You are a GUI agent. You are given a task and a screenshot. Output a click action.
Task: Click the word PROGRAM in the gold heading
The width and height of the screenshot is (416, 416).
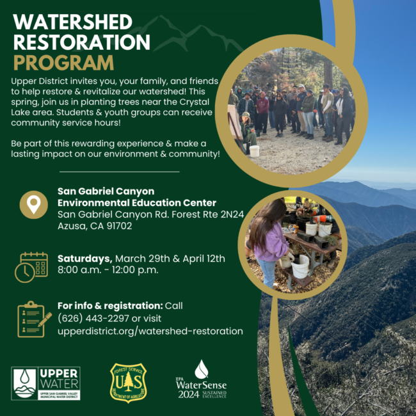tap(63, 62)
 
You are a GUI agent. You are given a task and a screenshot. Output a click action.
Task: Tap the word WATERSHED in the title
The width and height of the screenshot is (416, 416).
tap(72, 22)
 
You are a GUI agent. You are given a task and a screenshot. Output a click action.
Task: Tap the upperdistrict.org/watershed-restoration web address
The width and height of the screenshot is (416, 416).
tap(150, 331)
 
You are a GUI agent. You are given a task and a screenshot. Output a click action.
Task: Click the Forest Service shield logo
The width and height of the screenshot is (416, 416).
tap(128, 382)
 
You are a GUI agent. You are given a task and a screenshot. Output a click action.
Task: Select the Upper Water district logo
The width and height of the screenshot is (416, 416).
tap(45, 383)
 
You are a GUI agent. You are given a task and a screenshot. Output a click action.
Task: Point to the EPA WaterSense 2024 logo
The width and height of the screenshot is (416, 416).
tap(201, 381)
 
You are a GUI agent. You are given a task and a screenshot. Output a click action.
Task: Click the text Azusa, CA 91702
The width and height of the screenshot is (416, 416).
tap(95, 226)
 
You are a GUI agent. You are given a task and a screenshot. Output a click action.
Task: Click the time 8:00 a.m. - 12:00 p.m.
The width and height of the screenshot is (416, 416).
tap(108, 269)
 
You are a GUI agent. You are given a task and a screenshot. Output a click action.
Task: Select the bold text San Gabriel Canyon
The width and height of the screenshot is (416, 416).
tap(106, 191)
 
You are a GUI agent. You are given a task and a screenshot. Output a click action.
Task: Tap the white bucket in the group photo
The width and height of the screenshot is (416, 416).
tap(254, 151)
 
